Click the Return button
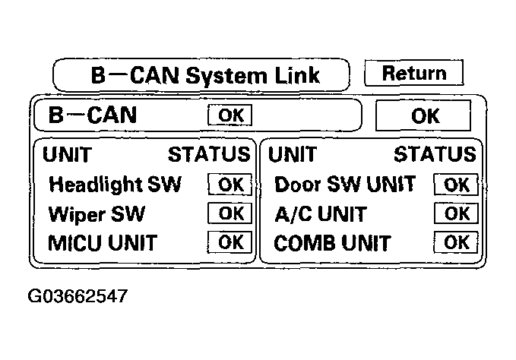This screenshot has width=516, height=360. [414, 73]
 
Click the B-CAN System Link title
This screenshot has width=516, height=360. [205, 75]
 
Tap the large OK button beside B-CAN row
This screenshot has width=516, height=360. [423, 115]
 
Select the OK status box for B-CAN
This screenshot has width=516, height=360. [230, 115]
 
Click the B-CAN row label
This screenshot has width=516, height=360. [93, 115]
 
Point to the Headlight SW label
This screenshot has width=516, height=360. [115, 184]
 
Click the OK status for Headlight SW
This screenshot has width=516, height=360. [230, 185]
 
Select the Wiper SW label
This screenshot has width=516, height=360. [97, 214]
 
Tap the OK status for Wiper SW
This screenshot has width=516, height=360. [230, 213]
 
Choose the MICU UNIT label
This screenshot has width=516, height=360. [103, 243]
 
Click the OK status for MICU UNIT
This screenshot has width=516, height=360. [230, 242]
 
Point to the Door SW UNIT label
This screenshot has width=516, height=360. [345, 184]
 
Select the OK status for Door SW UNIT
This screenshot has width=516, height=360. [456, 185]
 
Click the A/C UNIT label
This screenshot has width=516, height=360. [321, 214]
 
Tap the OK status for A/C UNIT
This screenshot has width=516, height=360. [456, 213]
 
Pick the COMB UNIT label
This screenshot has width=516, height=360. [332, 243]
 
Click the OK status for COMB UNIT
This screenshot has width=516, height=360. [456, 242]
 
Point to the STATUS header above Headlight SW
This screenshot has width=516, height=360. [209, 154]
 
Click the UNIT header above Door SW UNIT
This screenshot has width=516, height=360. [293, 154]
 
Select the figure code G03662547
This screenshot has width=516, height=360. [78, 296]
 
